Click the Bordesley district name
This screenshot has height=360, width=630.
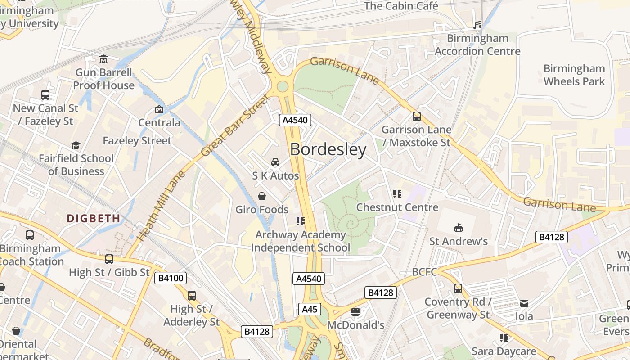(328, 149)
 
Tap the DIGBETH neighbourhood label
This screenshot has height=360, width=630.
(94, 218)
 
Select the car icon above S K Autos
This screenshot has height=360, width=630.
(275, 162)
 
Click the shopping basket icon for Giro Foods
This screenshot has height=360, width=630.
(261, 196)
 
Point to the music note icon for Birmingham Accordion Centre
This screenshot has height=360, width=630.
(477, 25)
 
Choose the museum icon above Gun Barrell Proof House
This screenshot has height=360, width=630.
(103, 59)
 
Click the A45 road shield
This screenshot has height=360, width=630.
(310, 309)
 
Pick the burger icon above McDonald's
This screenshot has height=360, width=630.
(355, 312)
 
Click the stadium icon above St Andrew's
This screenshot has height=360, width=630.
(458, 228)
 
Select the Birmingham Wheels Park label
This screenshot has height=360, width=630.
(574, 75)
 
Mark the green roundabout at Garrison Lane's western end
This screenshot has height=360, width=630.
(283, 86)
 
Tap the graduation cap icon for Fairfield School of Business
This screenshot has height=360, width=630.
(76, 145)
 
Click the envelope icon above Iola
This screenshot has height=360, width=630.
(524, 303)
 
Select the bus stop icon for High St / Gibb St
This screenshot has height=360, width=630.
(109, 259)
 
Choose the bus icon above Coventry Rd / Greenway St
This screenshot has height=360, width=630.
(458, 288)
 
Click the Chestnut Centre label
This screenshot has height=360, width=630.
(397, 207)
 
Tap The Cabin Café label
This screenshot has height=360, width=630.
(400, 6)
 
